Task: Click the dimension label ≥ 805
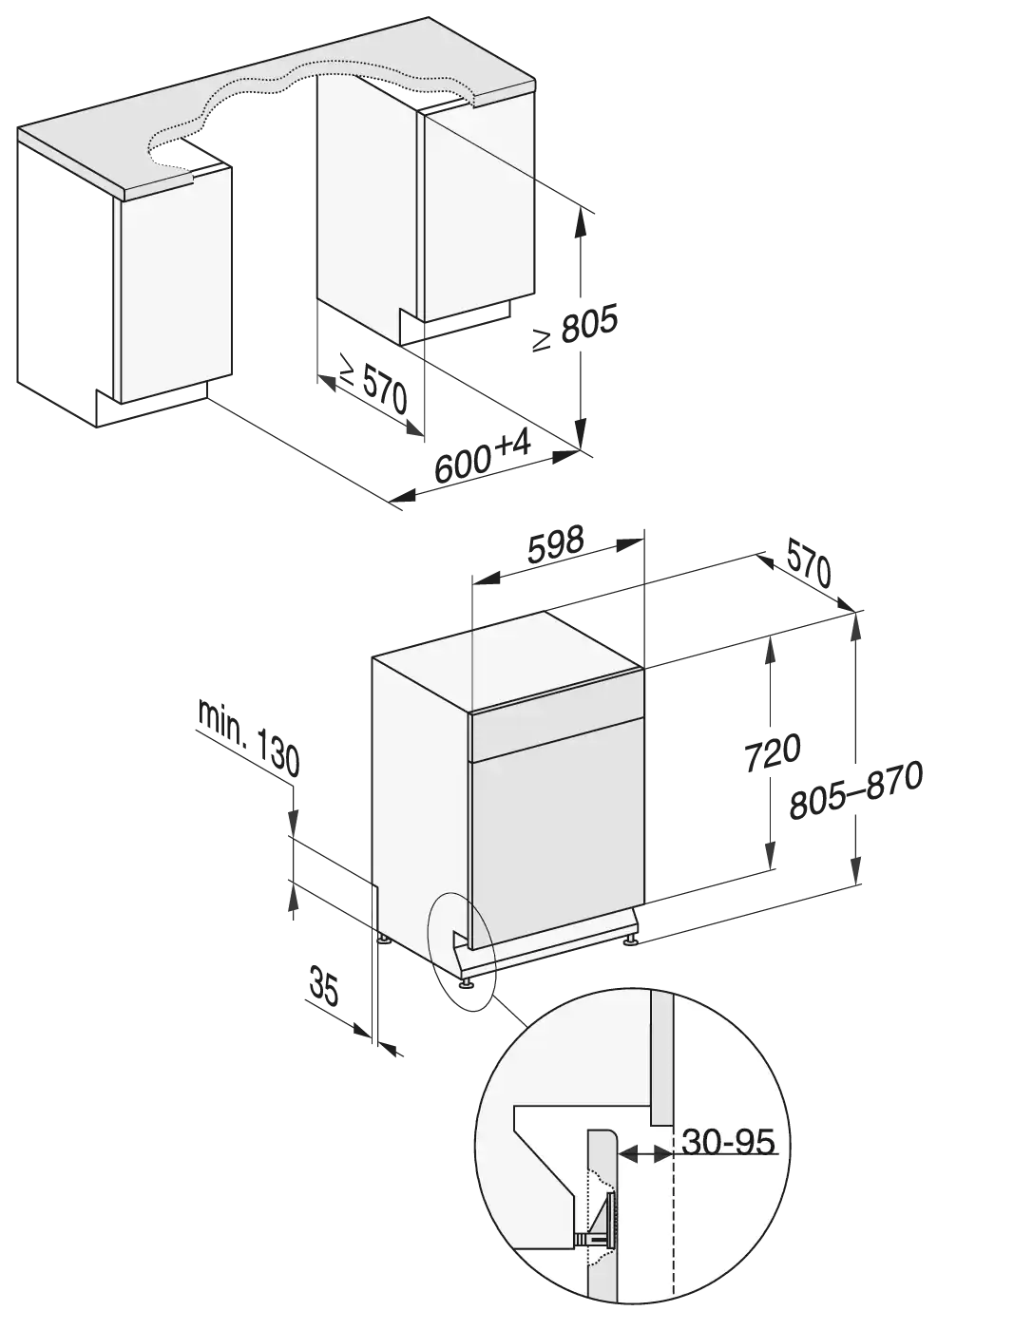click(575, 328)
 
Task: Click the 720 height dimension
click(772, 752)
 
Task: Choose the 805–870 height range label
click(856, 790)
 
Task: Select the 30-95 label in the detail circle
click(728, 1142)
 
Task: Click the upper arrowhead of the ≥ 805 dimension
click(580, 221)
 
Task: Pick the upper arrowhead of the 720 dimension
click(771, 650)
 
